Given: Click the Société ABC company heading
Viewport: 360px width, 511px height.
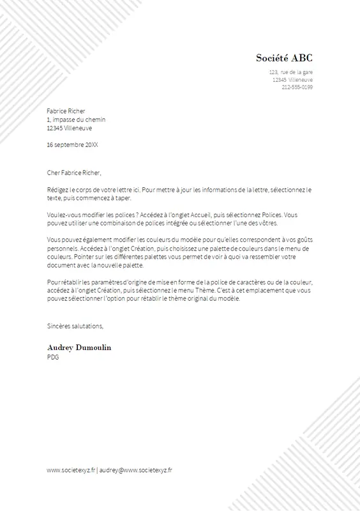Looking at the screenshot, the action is pos(284,58).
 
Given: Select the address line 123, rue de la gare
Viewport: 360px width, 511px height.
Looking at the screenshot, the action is pos(291,72).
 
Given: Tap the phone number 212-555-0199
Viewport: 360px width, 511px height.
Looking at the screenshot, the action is pos(297,87).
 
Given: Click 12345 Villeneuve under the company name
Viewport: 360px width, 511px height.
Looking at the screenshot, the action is pos(292,80).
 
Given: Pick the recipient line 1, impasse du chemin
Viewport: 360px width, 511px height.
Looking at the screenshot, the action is pos(77,119).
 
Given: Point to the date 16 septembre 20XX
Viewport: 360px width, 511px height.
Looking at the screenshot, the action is pos(73,144).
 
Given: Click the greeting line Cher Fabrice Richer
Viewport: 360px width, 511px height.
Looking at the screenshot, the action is pos(75,172).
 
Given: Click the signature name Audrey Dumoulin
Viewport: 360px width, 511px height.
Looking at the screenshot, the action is pos(79,347).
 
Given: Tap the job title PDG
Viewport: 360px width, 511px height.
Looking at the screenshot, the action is pos(53,356).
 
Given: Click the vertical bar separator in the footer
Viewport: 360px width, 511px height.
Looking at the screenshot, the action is pos(97,469).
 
